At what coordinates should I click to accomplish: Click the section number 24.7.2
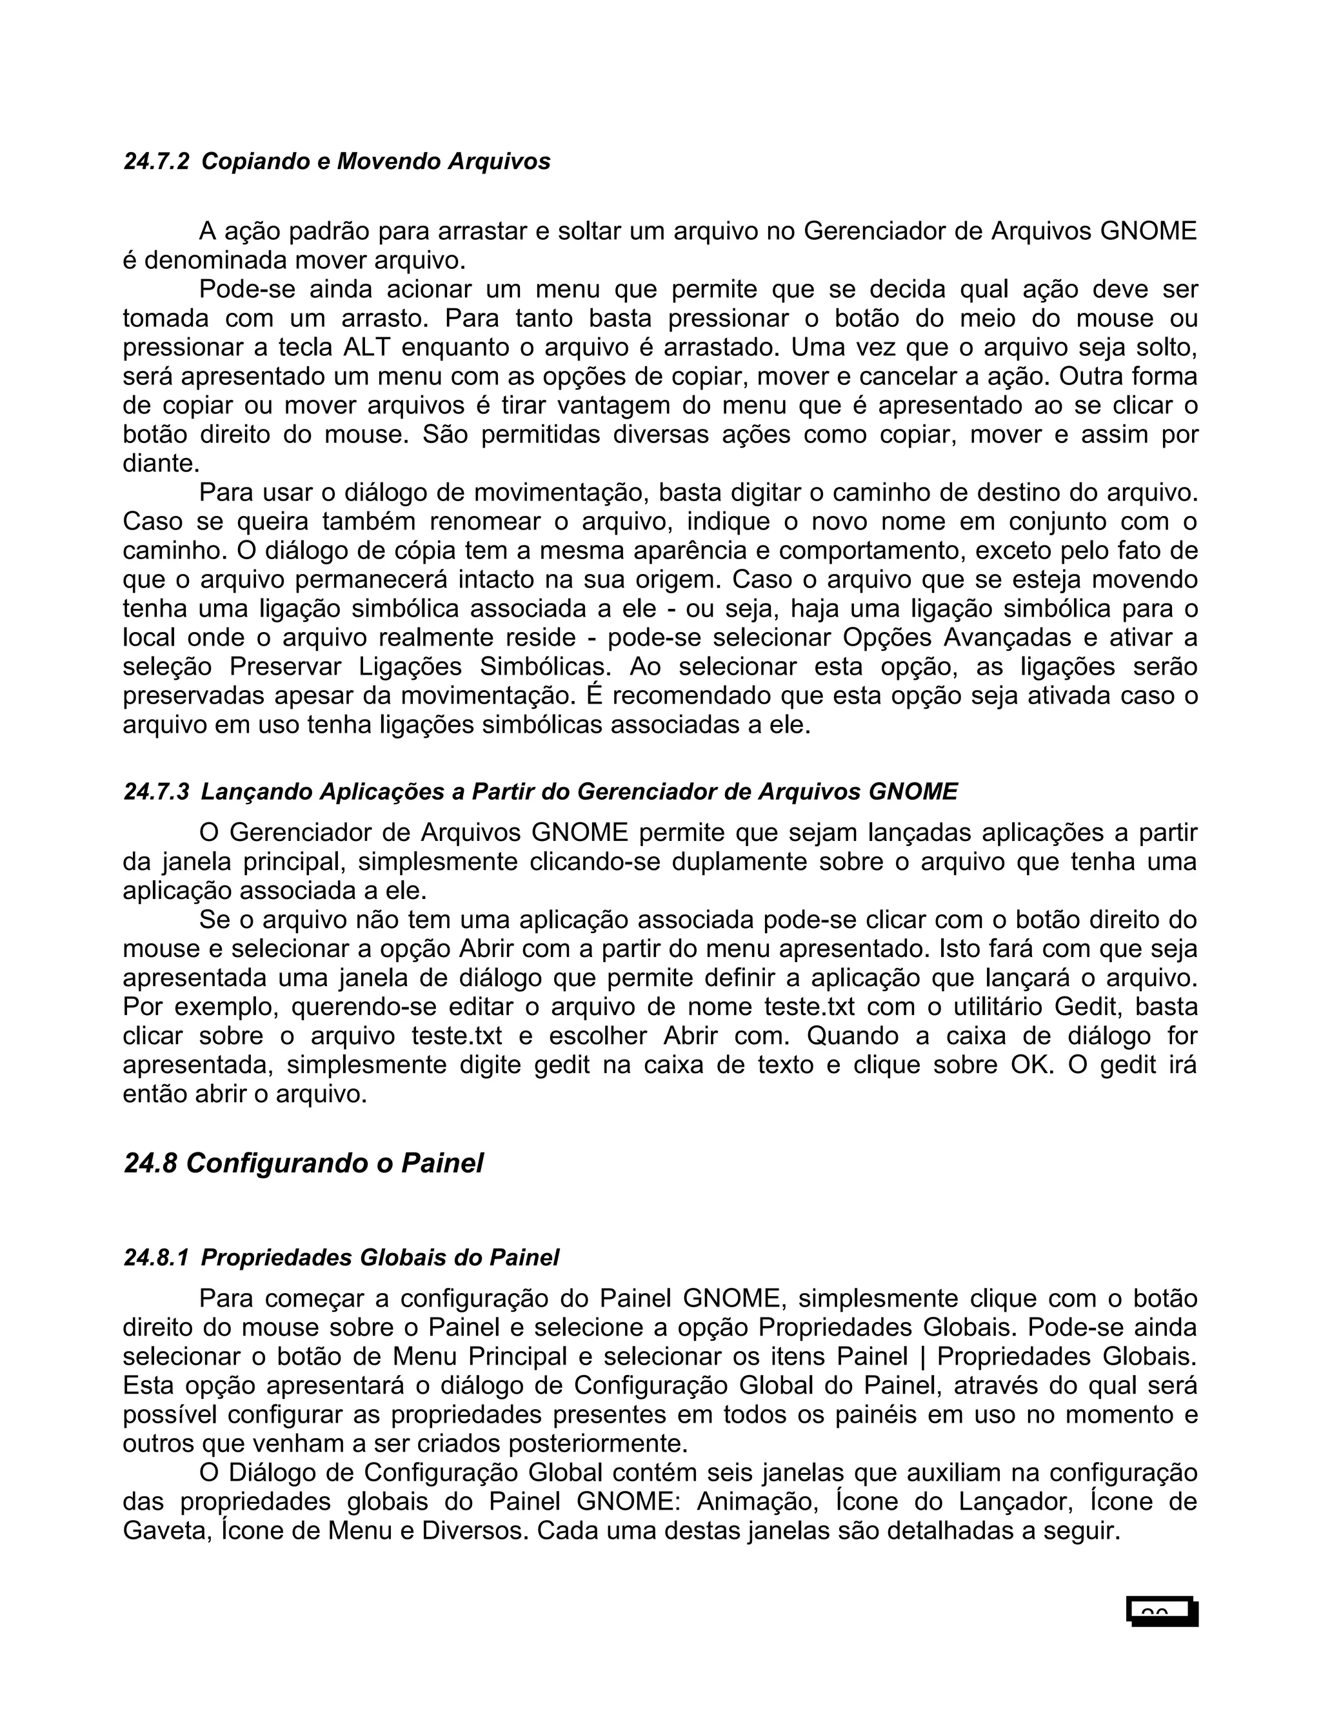(x=157, y=162)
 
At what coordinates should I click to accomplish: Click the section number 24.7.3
(x=157, y=792)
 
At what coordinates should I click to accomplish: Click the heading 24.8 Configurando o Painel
(x=304, y=1163)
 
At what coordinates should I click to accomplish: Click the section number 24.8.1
(x=157, y=1258)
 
